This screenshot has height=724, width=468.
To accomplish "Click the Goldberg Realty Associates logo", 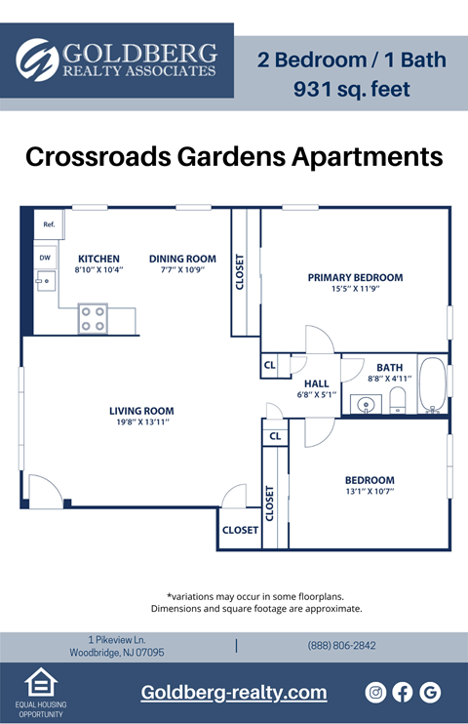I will [117, 60].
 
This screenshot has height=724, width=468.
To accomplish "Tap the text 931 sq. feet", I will [351, 90].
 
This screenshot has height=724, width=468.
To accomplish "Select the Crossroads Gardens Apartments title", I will [234, 156].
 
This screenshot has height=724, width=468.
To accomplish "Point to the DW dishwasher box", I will [45, 258].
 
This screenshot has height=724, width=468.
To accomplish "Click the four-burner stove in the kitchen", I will [93, 319].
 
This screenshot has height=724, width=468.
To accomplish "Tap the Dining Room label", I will [182, 259].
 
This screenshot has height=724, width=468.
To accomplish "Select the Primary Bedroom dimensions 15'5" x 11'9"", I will [355, 290].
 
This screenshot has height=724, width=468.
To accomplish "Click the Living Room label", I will [141, 411].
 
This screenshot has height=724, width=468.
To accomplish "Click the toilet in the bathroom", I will [397, 399].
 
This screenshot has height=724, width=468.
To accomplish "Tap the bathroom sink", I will [367, 404].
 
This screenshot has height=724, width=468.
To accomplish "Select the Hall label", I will [316, 383].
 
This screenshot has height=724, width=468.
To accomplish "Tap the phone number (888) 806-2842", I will [341, 646].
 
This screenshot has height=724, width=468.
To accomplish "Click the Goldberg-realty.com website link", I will [234, 692].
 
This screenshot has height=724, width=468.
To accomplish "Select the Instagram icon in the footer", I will [375, 692].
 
